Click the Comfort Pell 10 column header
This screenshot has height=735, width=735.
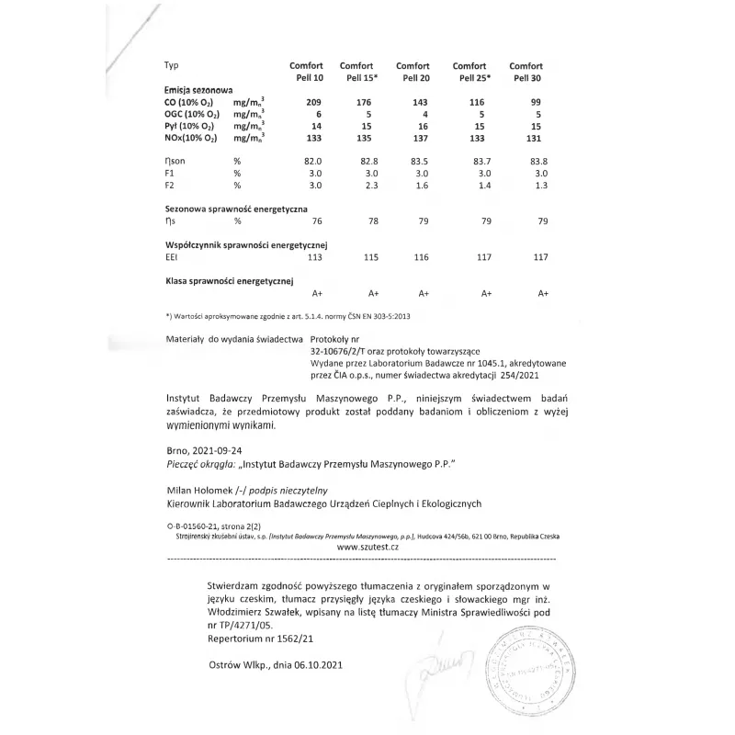306,72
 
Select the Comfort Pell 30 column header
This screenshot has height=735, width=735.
526,72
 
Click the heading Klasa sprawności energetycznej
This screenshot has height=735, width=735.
229,279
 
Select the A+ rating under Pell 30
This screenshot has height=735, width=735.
543,294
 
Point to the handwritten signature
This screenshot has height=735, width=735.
444,665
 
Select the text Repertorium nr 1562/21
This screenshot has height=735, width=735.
260,635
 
